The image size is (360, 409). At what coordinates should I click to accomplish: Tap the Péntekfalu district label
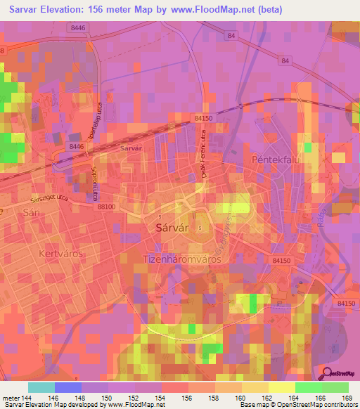tap(276, 160)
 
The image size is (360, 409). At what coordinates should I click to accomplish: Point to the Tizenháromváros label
tap(182, 259)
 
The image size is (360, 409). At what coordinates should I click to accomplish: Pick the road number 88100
tap(107, 207)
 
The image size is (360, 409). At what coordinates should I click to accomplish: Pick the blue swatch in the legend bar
tap(67, 387)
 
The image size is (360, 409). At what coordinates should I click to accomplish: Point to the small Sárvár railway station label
tap(131, 149)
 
